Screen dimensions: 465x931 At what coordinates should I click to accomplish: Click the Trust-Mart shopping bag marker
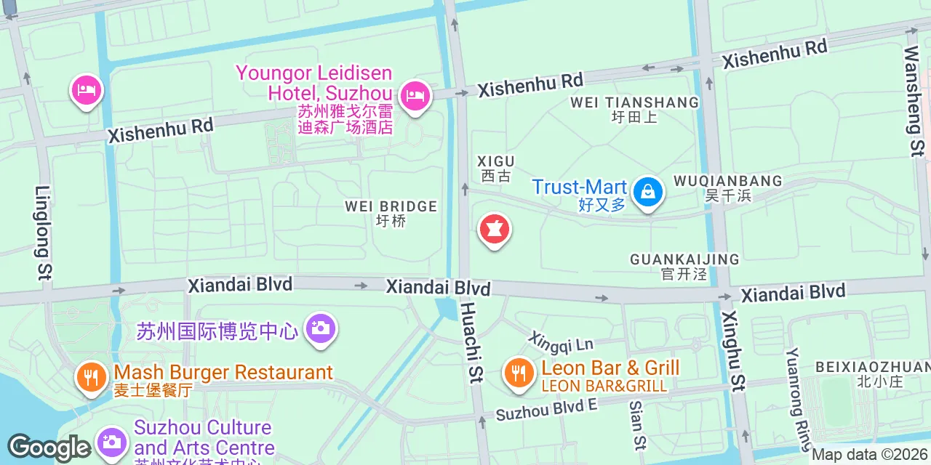[x=646, y=192]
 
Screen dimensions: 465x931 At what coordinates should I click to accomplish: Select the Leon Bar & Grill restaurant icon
[x=518, y=373]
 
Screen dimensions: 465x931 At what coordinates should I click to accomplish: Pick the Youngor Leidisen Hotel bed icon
[x=415, y=96]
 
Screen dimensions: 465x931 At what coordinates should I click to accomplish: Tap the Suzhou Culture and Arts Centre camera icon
[x=111, y=441]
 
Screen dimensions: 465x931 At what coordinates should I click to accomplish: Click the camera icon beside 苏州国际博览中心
[x=320, y=328]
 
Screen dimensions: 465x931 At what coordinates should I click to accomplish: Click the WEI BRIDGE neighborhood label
[x=391, y=206]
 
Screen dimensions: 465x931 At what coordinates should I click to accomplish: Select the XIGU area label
[x=496, y=161]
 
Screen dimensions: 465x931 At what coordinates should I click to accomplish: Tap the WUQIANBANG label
[x=727, y=181]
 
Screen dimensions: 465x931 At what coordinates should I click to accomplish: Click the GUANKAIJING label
[x=684, y=259]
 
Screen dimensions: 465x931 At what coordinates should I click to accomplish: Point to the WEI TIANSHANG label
[x=634, y=102]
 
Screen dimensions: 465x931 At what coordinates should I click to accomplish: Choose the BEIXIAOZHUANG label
[x=872, y=367]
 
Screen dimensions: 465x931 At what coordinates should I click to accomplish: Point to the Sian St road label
[x=637, y=425]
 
